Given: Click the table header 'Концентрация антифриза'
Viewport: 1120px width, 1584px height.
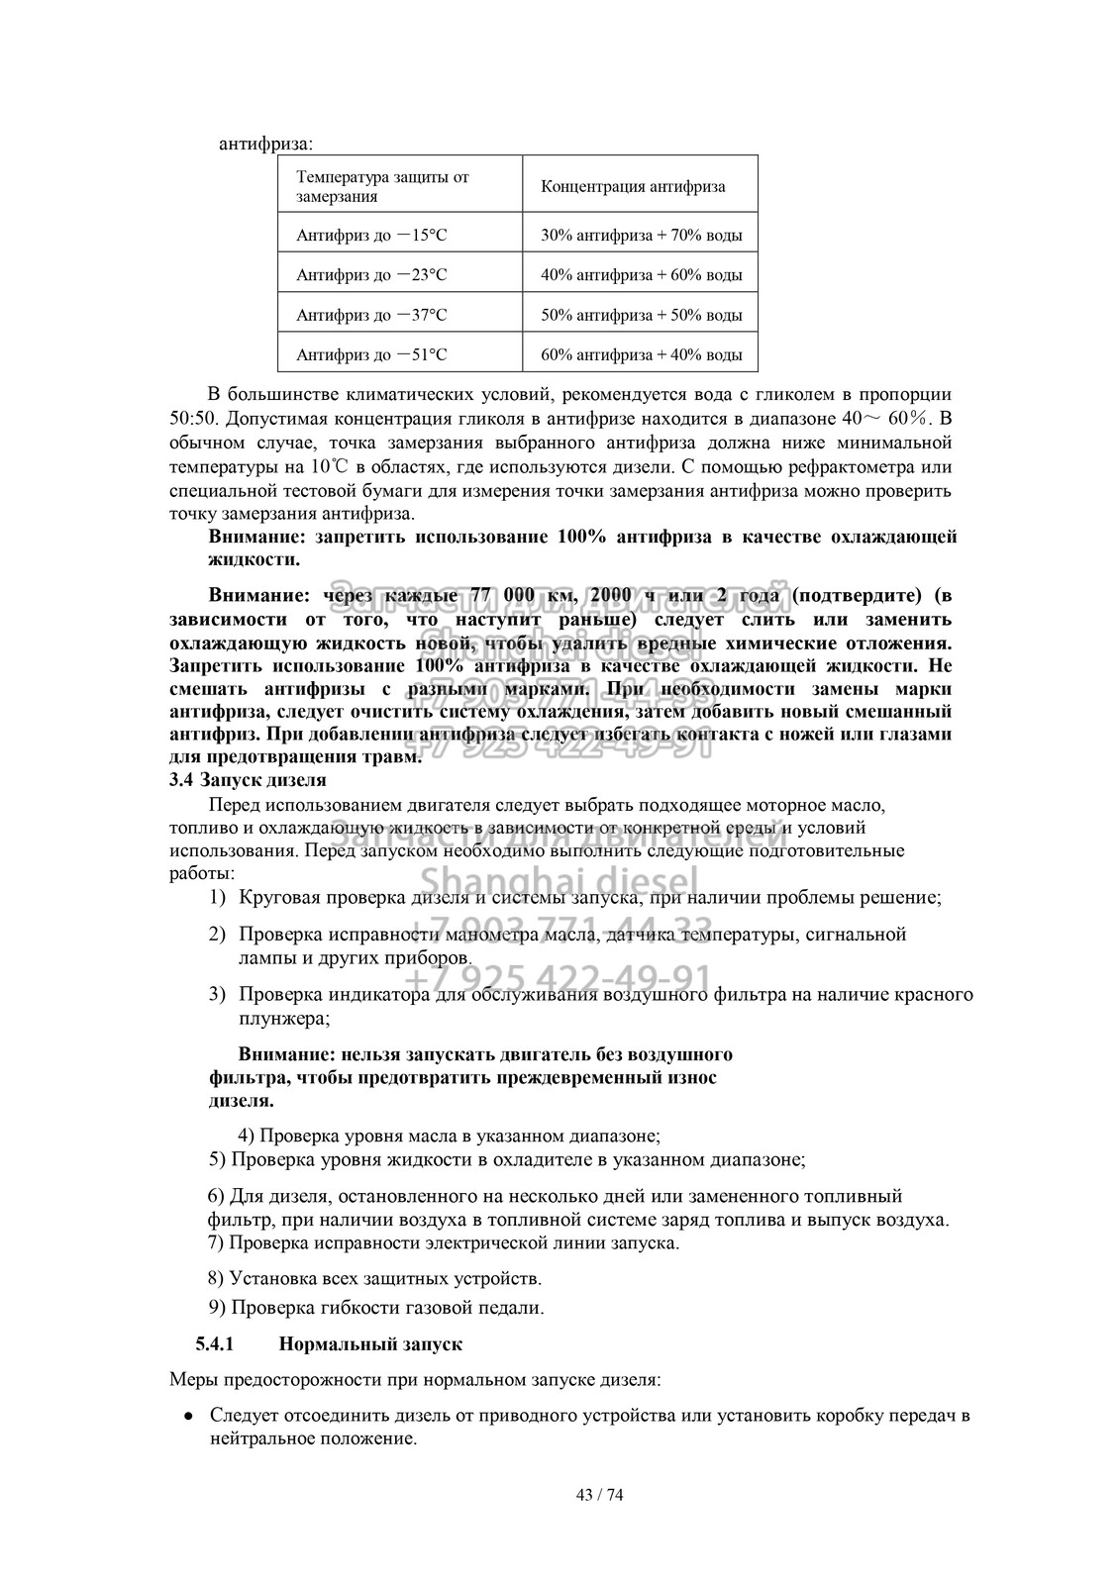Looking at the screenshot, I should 633,186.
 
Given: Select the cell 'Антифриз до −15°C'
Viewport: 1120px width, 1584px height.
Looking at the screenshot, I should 371,236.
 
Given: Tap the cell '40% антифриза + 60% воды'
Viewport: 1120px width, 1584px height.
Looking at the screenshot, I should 642,275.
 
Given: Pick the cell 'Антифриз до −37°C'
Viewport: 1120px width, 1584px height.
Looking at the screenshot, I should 371,315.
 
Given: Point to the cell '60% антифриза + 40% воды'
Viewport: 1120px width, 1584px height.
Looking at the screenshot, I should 642,354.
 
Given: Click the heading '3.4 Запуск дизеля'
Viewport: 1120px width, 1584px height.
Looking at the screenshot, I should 248,780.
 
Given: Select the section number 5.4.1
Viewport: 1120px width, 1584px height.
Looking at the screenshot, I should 214,1344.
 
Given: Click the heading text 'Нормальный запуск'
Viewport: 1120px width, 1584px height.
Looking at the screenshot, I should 371,1344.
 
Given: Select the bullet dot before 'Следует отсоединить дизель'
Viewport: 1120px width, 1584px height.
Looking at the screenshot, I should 188,1416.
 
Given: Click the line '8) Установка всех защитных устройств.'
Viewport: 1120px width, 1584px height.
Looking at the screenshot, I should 376,1278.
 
